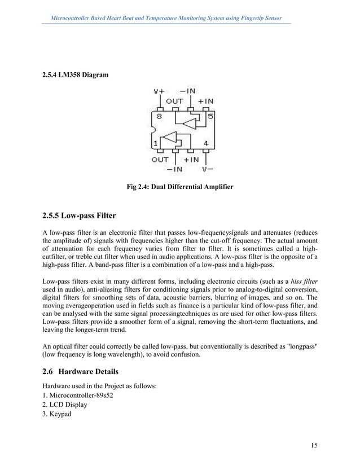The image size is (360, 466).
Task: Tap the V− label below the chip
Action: [x=207, y=168]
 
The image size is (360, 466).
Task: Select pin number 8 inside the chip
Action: [x=160, y=117]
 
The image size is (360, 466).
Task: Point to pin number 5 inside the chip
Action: [x=209, y=117]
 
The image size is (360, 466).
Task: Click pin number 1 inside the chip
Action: [x=155, y=143]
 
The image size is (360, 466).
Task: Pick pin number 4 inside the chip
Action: [x=207, y=143]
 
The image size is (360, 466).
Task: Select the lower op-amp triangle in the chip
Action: [x=169, y=138]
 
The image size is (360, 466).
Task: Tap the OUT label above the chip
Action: [x=174, y=102]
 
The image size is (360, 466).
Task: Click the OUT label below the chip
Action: [x=160, y=160]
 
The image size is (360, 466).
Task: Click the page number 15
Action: [x=314, y=446]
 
